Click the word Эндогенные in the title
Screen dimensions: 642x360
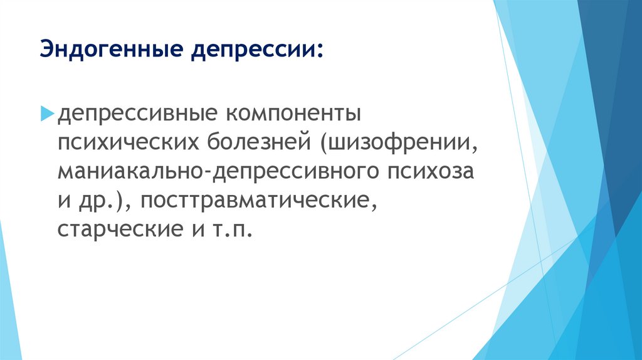[112, 49]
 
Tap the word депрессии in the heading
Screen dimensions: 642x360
[253, 49]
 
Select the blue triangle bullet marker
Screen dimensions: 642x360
[48, 114]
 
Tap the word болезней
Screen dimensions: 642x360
[259, 142]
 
